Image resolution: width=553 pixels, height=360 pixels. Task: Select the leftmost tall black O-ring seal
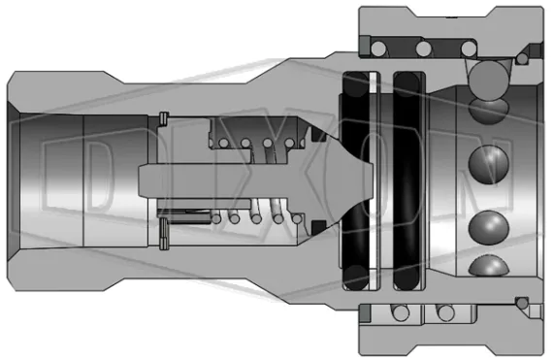354,180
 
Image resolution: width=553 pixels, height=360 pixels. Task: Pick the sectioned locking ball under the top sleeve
488,78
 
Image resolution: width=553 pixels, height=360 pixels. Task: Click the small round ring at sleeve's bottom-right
524,307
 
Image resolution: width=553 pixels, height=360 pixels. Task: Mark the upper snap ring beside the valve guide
164,120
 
